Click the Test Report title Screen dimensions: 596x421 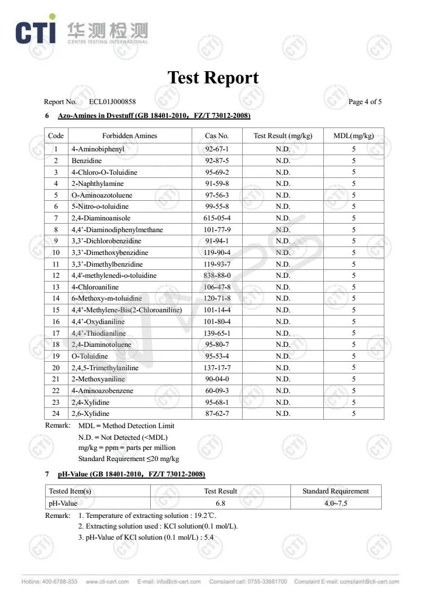213,78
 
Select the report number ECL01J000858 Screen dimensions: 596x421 112,102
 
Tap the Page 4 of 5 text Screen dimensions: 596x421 365,102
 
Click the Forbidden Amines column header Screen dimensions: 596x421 130,136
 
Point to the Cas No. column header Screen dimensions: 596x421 217,136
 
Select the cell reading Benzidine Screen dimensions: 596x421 87,160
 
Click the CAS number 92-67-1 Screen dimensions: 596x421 217,149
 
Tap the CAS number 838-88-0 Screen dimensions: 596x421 217,276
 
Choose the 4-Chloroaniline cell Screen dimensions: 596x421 95,287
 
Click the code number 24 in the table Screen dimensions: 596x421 56,414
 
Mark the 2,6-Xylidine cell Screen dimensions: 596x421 90,414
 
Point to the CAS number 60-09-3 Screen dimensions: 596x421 217,391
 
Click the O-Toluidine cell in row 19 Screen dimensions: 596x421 90,356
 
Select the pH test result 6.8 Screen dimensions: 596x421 220,503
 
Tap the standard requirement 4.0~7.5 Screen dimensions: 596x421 336,503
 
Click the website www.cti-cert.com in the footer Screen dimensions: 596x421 107,582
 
